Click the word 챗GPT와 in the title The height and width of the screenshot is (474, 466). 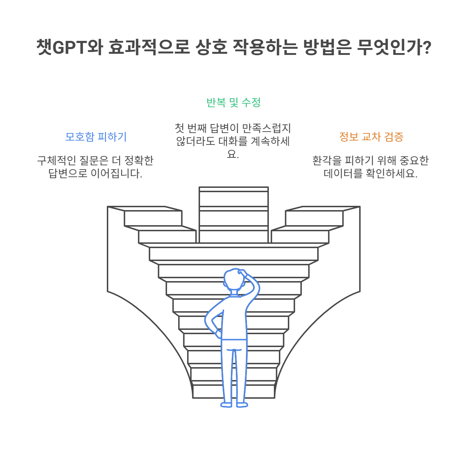click(x=68, y=47)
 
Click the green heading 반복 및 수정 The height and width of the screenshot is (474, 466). click(x=233, y=103)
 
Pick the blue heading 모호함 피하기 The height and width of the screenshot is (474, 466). click(x=96, y=137)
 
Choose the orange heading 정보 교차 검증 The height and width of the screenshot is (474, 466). click(x=371, y=137)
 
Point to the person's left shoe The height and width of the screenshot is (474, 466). click(x=227, y=405)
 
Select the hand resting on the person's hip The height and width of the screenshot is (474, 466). click(x=218, y=335)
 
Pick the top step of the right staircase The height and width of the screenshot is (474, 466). click(x=323, y=209)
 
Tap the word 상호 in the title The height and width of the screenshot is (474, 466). click(x=211, y=47)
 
